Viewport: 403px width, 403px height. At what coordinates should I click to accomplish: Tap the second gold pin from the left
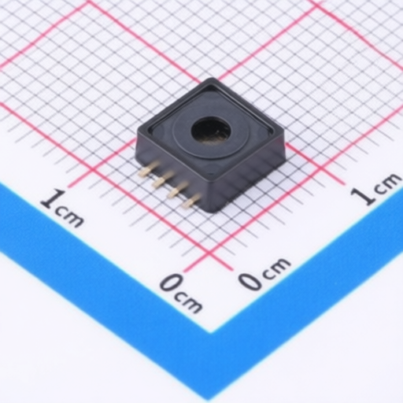[161, 180]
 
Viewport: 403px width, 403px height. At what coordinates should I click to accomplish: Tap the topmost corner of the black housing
[212, 80]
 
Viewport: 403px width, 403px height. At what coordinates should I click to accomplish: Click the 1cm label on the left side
[62, 209]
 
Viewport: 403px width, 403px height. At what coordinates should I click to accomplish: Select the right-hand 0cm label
[264, 275]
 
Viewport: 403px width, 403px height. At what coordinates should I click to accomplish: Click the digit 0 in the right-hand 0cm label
[250, 280]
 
